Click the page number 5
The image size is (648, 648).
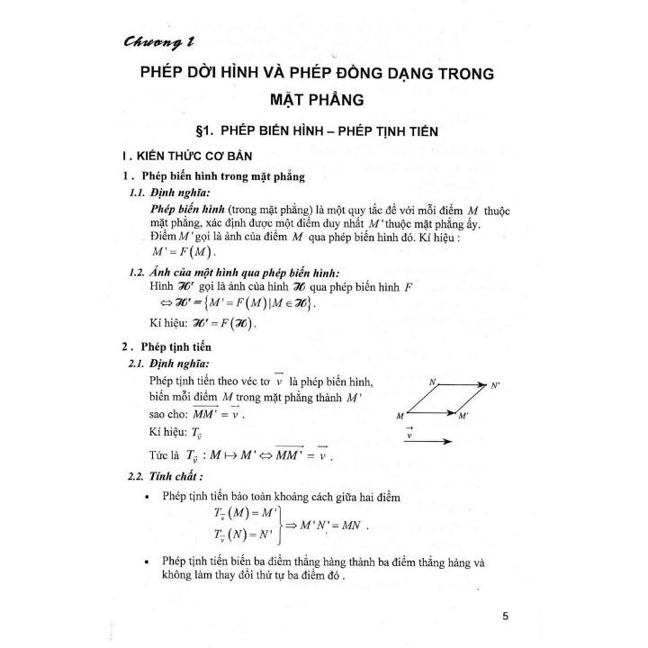coord(507,616)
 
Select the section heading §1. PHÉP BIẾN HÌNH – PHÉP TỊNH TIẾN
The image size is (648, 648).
coord(323,131)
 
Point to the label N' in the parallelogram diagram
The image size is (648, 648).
coord(494,385)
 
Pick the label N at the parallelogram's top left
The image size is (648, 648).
coord(432,382)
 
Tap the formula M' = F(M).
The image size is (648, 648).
coord(185,251)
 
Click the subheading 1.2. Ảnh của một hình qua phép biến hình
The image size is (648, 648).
coord(241,274)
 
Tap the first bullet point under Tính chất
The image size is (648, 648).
coord(148,497)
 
